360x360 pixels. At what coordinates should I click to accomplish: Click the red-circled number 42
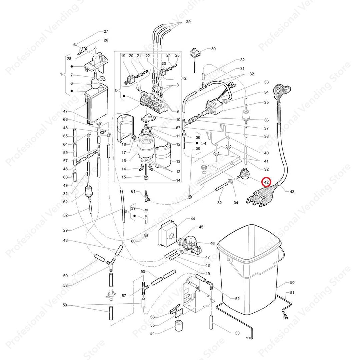(266, 182)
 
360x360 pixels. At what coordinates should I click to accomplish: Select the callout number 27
(106, 32)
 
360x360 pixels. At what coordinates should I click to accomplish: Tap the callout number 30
(213, 49)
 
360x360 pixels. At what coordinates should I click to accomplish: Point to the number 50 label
(292, 283)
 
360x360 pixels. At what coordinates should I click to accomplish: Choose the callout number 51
(292, 293)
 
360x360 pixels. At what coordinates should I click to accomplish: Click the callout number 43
(292, 192)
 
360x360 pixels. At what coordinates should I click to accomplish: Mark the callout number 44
(193, 219)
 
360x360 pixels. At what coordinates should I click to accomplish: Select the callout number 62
(65, 202)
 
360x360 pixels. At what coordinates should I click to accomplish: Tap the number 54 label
(153, 333)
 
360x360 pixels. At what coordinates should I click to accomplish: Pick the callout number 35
(266, 103)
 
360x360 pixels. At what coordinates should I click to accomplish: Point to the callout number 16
(124, 160)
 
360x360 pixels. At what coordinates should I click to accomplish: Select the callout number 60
(133, 241)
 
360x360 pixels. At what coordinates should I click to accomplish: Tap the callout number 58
(65, 286)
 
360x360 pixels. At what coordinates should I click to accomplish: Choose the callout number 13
(178, 161)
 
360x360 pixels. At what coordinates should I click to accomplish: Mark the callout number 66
(65, 120)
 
